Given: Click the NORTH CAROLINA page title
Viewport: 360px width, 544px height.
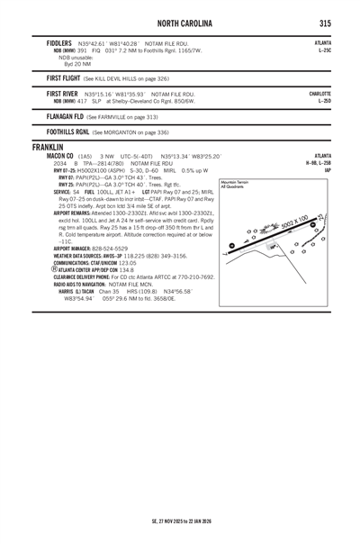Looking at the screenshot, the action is click(x=181, y=22).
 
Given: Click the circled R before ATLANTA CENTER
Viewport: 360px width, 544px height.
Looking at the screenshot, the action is click(x=56, y=268).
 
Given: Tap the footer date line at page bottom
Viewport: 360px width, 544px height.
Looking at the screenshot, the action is click(x=180, y=521).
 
